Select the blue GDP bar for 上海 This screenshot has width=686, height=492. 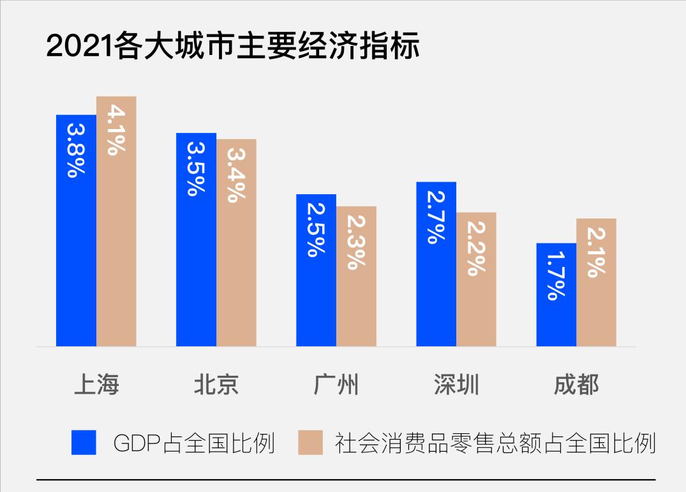coord(76,256)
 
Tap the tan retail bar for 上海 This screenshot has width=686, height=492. coord(116,243)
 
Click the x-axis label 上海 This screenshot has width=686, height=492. coord(96,385)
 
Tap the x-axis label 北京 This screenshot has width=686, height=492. coord(216,385)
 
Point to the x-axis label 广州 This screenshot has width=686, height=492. coord(336,385)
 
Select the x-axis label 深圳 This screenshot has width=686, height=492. coord(456,385)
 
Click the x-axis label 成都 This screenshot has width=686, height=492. coord(576,385)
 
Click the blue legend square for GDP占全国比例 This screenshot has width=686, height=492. coord(84,442)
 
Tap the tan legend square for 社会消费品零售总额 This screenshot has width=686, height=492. coord(310,442)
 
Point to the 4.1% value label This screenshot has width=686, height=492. coord(116,131)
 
